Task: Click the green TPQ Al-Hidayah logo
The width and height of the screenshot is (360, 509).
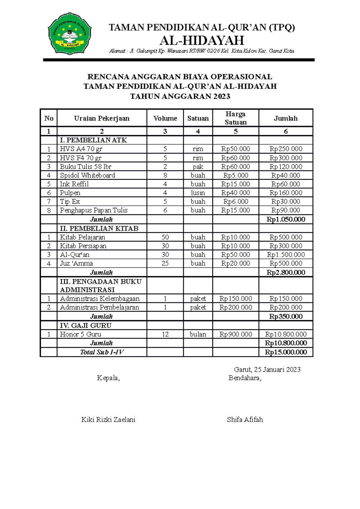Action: pos(70,33)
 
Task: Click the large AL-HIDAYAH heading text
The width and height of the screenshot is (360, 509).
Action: pos(202,40)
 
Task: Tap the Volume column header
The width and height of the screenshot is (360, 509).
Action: pos(165,118)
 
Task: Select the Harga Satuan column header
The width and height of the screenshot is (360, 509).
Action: pos(235,118)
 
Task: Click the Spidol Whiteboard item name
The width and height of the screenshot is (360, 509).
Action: pos(87,175)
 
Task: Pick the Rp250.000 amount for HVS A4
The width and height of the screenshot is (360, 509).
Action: pos(286,149)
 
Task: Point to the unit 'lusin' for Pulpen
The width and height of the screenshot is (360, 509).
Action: pos(198,193)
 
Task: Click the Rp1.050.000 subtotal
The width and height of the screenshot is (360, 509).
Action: pos(286,219)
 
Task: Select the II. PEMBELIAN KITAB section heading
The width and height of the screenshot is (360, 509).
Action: pos(99,228)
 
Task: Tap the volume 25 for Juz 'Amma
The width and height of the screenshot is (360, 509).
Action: pos(165,263)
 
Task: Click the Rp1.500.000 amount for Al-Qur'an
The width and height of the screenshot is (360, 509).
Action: pos(286,255)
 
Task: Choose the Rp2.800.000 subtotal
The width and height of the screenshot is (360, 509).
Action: pos(286,272)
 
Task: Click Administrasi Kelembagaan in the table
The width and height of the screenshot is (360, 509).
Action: pos(100,299)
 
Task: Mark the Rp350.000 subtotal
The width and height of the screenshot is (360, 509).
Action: pos(286,317)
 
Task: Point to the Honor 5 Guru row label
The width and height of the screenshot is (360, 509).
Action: pos(80,334)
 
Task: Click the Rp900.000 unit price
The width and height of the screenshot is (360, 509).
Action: pos(235,334)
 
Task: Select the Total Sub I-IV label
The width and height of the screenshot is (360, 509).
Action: pos(102,352)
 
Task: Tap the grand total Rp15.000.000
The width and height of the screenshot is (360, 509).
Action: pos(286,352)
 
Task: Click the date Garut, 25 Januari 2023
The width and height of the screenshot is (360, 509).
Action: pos(267,370)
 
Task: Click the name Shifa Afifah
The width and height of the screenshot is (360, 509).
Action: pos(245,420)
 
